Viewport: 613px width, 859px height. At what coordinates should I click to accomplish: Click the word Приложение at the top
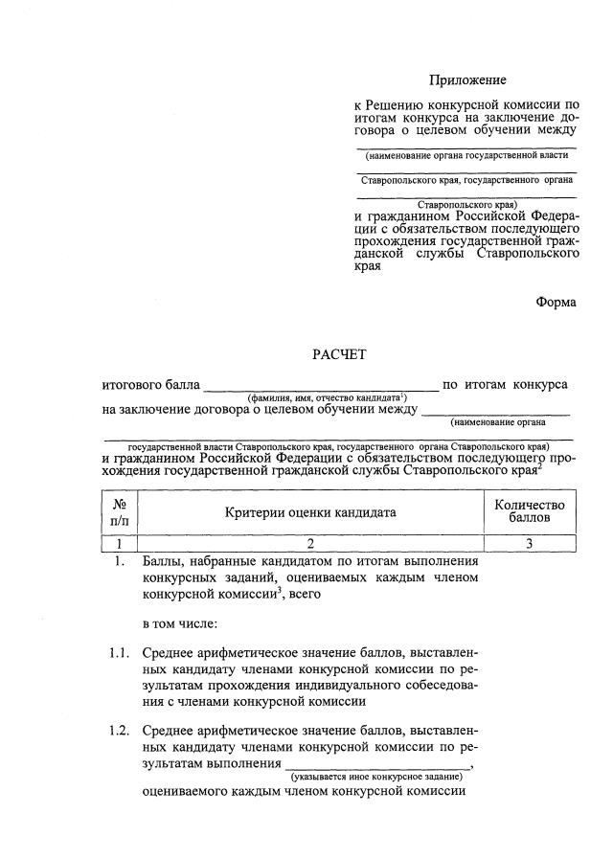pos(467,80)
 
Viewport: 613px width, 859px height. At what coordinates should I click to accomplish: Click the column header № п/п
pos(120,512)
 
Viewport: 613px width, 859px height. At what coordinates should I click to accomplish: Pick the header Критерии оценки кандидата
pos(310,512)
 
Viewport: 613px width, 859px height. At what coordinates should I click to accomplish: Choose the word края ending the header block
pos(368,269)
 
